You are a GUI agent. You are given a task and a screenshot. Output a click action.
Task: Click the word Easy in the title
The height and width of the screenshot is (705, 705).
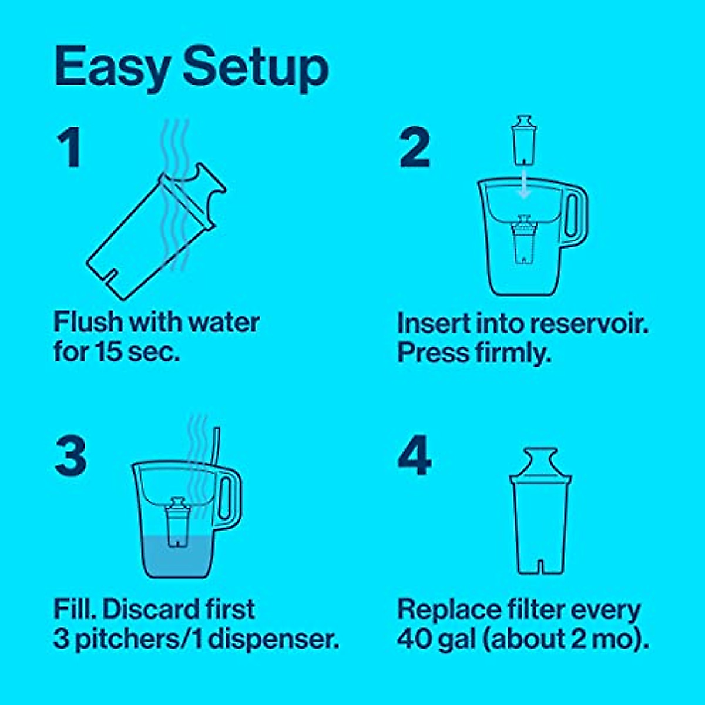tap(113, 68)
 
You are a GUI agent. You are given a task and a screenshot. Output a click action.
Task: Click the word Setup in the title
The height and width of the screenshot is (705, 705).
tap(256, 68)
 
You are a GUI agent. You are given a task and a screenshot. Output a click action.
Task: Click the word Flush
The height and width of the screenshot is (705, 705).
tap(88, 323)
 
